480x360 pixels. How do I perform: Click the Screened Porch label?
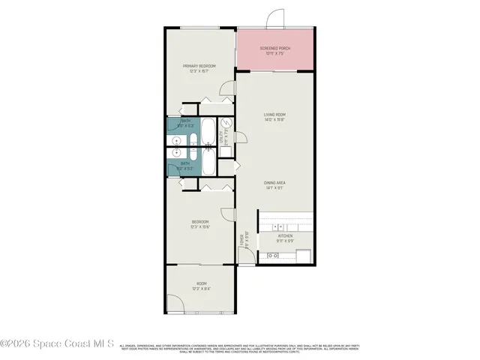pos(275,49)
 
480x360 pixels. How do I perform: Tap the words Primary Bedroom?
pos(200,66)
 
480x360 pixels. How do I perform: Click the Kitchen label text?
pos(285,235)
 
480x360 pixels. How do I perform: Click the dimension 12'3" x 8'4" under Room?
pos(200,288)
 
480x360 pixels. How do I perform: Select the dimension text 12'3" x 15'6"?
pos(200,226)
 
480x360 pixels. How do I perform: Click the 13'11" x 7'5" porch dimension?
pos(275,54)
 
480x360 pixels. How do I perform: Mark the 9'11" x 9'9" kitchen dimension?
pos(285,241)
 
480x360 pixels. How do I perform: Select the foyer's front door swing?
pos(247,257)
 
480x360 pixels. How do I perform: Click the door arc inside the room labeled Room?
pos(175,304)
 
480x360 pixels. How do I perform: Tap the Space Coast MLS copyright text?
pos(57,344)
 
